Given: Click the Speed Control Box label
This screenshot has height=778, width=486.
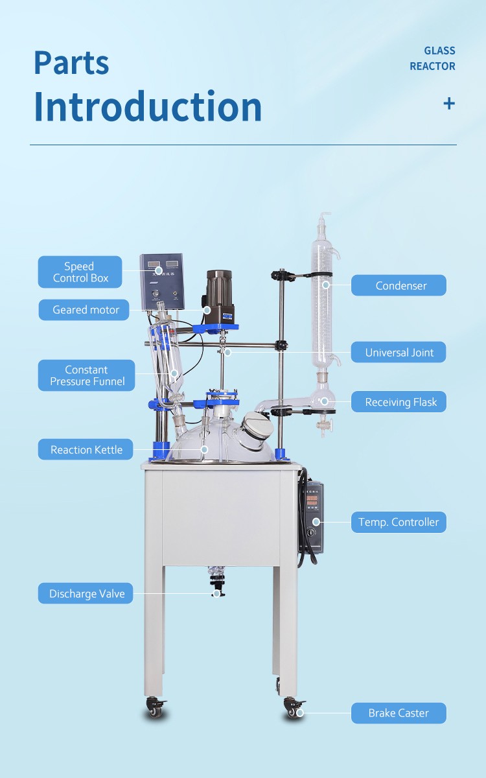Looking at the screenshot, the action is click(x=80, y=272).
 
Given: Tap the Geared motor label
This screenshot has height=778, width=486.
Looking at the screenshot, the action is click(x=84, y=309).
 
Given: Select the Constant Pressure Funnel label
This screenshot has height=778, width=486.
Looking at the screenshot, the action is click(x=86, y=375).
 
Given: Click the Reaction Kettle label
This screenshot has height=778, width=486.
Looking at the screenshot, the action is click(x=86, y=449).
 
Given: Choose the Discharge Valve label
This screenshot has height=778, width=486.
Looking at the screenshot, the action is click(x=86, y=593).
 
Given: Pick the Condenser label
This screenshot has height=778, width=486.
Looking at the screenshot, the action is click(x=399, y=285).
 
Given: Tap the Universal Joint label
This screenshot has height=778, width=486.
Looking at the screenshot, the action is click(x=399, y=352).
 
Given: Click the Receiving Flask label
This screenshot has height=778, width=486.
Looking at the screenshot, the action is click(x=399, y=401).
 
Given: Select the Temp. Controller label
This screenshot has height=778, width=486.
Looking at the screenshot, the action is click(x=399, y=522).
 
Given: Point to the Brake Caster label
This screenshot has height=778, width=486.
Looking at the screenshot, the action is click(x=399, y=713).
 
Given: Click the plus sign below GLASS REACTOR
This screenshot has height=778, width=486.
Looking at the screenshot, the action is click(x=449, y=104).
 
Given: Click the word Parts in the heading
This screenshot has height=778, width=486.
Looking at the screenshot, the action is click(x=71, y=63).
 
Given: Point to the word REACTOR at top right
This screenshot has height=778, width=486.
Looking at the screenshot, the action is click(x=432, y=66).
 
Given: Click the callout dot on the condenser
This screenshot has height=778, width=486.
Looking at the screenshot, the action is click(x=325, y=285).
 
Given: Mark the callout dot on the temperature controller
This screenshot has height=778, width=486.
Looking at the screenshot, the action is click(x=316, y=522).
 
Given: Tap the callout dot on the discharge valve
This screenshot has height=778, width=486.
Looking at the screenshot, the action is click(x=216, y=593).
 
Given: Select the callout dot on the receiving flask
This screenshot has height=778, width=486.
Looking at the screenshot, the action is click(x=324, y=401).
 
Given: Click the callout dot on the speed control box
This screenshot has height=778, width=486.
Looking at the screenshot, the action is click(x=159, y=270).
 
